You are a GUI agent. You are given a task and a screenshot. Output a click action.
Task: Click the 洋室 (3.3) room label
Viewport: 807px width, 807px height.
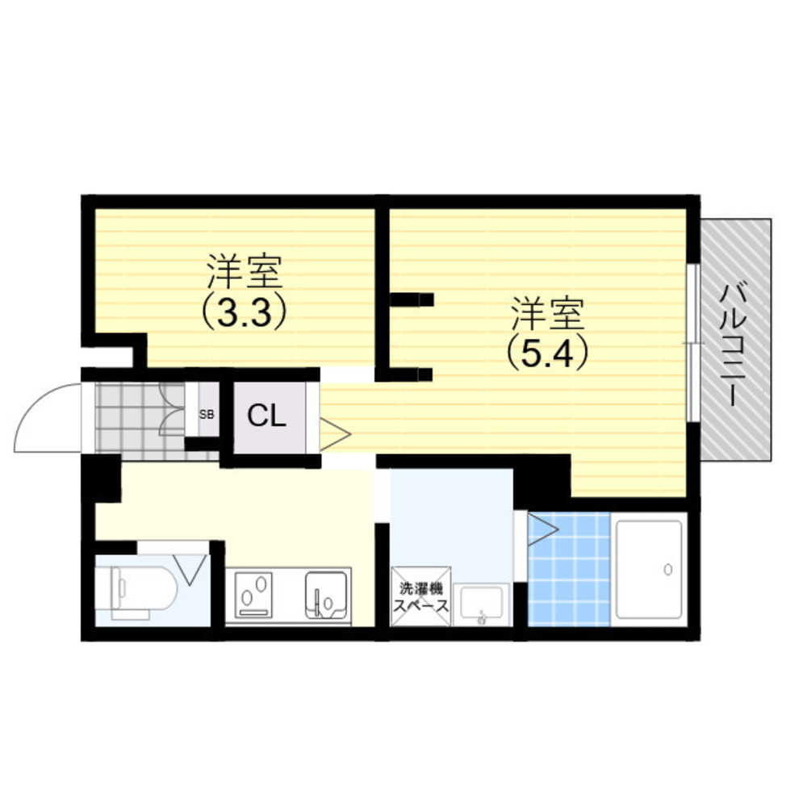coord(244,291)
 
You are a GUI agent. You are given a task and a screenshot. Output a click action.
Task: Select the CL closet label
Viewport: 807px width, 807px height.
coord(266,416)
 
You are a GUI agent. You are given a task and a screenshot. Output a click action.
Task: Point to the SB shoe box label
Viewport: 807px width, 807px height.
coord(207,414)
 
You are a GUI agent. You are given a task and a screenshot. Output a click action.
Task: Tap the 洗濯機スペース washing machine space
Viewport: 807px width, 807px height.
coord(421,597)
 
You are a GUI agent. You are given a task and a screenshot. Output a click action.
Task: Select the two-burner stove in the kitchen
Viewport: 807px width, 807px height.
coord(253,595)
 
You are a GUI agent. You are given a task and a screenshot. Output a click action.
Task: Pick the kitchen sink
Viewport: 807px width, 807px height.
coord(326,595)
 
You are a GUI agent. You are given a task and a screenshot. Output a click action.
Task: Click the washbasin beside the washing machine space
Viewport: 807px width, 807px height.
coord(482,605)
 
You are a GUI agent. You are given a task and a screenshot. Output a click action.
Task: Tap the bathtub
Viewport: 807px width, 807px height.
coord(649,570)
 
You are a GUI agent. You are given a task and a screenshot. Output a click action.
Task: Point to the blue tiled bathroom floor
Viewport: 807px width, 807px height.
coord(569,569)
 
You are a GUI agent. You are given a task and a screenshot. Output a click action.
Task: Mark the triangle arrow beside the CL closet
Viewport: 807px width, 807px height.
coord(335,435)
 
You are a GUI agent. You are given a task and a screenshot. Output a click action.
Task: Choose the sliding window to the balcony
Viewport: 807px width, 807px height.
coord(693,344)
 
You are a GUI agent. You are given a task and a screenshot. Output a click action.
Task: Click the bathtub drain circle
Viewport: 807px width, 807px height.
coord(668,569)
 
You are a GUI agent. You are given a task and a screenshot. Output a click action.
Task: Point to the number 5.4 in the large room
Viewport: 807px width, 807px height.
coord(547,353)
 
